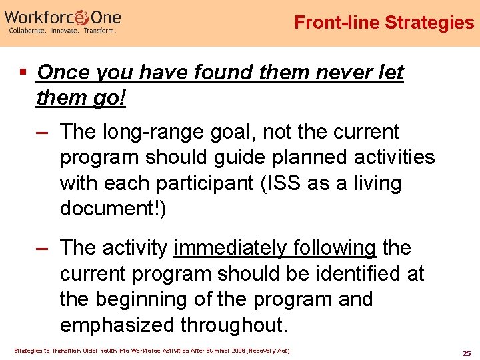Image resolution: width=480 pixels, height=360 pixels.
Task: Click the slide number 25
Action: tap(466, 352)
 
